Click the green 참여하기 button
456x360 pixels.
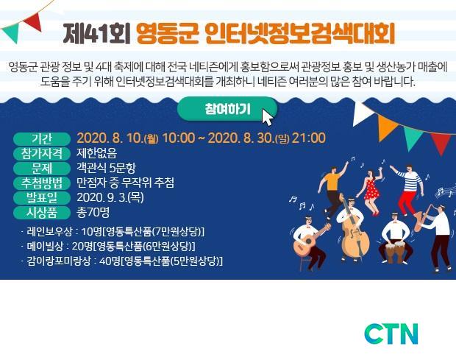227,109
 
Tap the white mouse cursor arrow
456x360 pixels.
268,117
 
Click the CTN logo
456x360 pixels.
391,333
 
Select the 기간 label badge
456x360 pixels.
42,138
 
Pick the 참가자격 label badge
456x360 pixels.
42,153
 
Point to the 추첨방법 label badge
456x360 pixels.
42,183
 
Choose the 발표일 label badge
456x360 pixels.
42,198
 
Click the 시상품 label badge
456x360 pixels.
42,213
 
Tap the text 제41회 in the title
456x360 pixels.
96,34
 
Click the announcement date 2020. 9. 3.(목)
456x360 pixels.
110,197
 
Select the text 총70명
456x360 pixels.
93,212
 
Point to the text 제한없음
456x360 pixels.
97,153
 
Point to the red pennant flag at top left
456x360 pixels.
34,21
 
